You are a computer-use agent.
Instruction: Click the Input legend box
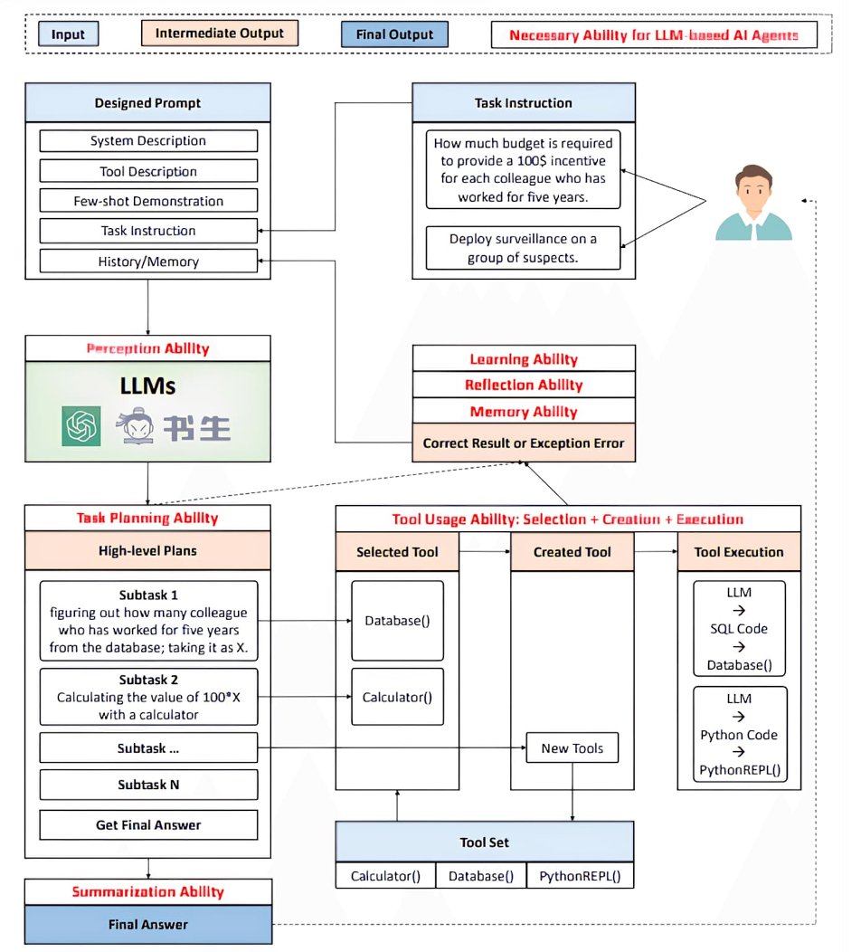(x=68, y=34)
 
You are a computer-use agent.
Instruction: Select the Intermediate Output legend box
(x=220, y=33)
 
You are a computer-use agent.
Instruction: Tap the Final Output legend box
(x=394, y=34)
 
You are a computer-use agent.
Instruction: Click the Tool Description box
(x=148, y=171)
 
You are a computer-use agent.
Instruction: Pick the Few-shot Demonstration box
(x=148, y=201)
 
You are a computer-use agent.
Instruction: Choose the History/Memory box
(x=148, y=261)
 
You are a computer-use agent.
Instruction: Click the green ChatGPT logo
(x=81, y=426)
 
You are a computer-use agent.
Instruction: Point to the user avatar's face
(x=753, y=189)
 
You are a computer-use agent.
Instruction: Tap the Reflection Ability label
(x=524, y=385)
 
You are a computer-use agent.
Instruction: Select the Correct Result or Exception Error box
(x=524, y=443)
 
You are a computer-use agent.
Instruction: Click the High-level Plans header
(x=147, y=551)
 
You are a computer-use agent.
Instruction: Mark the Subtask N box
(x=148, y=785)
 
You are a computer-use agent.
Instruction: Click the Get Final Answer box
(x=148, y=824)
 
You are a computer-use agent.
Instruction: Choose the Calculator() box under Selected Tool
(x=397, y=697)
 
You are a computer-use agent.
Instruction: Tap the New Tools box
(x=572, y=748)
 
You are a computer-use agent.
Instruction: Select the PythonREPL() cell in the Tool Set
(x=580, y=876)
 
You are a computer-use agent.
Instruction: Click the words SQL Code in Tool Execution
(x=739, y=629)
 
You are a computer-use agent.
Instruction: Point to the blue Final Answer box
(x=148, y=925)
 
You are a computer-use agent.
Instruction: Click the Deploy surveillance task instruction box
(x=523, y=248)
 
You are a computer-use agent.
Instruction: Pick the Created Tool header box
(x=572, y=552)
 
